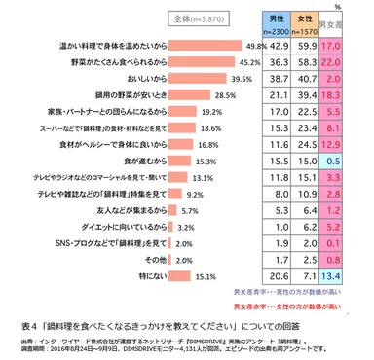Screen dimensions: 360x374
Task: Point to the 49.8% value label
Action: pos(257,46)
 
